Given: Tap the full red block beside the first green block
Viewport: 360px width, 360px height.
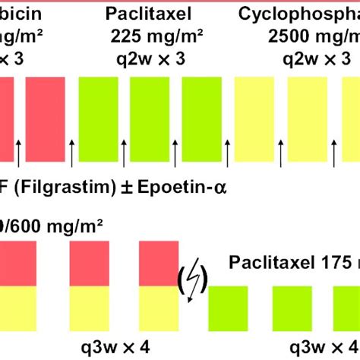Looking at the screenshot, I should pyautogui.click(x=45, y=118).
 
